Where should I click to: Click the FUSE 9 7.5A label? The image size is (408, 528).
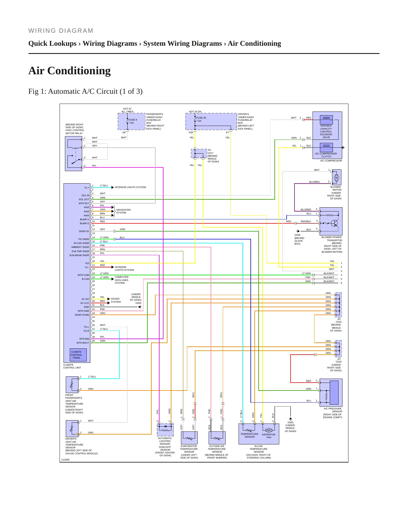(133, 121)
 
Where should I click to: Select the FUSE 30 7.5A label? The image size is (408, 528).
(201, 119)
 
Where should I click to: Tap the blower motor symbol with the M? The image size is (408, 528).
(336, 178)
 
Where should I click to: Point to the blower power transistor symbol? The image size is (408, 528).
(335, 223)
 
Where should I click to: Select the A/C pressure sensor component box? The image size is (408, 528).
(331, 392)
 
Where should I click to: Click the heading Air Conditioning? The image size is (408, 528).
(69, 71)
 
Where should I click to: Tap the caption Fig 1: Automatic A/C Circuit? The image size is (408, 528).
(85, 91)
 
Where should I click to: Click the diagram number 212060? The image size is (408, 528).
(65, 460)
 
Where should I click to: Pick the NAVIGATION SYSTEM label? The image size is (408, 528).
(123, 211)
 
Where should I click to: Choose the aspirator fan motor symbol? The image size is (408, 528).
(269, 430)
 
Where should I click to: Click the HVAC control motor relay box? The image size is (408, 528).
(73, 154)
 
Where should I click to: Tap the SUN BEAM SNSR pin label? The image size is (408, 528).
(79, 255)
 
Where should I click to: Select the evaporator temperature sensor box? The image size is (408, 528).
(189, 438)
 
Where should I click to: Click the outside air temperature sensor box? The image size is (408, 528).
(217, 438)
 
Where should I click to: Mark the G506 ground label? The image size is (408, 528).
(297, 235)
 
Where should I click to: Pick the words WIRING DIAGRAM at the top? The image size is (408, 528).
(61, 31)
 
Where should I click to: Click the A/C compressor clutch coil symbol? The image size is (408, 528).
(326, 147)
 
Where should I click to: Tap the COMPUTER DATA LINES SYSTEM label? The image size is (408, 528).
(121, 280)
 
